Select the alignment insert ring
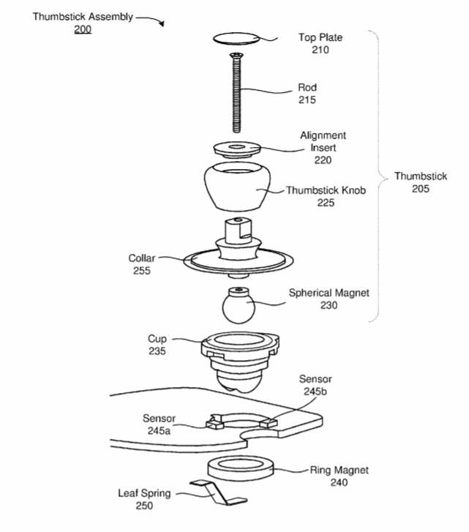(235, 149)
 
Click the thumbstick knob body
(235, 187)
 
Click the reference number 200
(83, 29)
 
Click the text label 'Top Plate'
(320, 37)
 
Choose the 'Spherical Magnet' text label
(329, 293)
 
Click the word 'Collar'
(142, 258)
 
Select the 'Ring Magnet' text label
(339, 470)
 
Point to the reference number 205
(420, 188)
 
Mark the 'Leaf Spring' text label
(145, 492)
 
